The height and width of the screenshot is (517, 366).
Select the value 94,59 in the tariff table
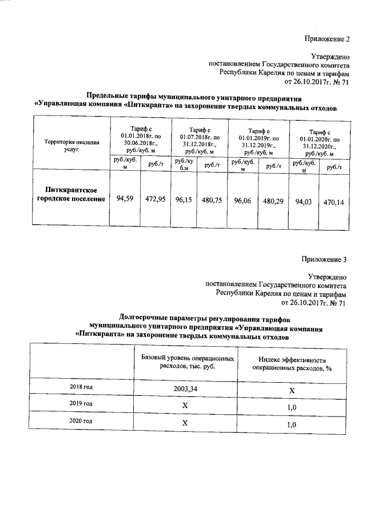tap(125, 199)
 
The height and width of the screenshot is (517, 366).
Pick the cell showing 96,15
tap(184, 200)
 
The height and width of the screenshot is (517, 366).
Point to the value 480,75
tap(212, 200)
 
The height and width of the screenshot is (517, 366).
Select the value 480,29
tap(274, 201)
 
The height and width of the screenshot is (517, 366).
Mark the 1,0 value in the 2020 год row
tap(291, 424)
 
